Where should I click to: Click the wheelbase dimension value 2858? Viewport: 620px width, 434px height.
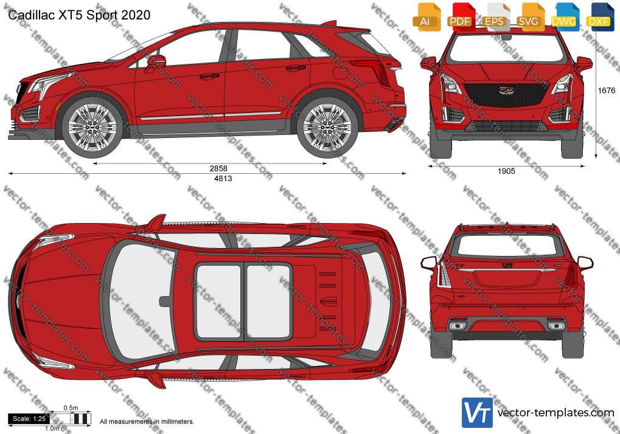[218, 168]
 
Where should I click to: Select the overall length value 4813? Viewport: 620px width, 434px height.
[223, 179]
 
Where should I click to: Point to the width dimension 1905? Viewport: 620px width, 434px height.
[506, 171]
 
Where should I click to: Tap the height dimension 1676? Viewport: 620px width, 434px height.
[606, 91]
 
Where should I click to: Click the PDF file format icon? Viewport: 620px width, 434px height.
[460, 16]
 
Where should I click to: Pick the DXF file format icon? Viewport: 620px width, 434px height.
[599, 16]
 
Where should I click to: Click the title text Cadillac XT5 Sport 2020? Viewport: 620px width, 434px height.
[79, 15]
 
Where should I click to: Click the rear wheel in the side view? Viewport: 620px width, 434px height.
[327, 128]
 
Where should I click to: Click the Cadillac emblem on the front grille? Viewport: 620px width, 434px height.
[506, 91]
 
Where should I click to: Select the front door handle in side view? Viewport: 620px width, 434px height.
[209, 76]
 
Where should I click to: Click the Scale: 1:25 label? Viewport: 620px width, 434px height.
[29, 419]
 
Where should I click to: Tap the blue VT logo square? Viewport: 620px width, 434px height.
[477, 413]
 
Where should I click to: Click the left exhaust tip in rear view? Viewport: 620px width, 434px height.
[458, 326]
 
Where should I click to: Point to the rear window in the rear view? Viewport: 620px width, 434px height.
[506, 245]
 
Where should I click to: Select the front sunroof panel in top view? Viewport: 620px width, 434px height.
[218, 301]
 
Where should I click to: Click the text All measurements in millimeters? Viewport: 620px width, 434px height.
[147, 421]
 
